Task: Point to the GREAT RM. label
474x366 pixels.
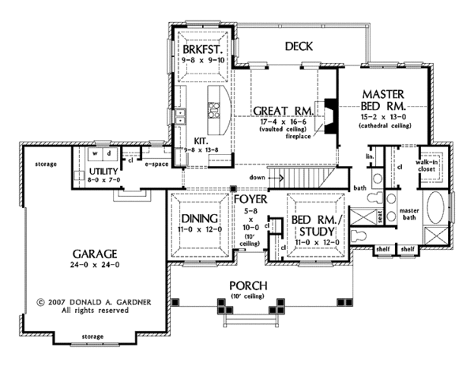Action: [x=283, y=111]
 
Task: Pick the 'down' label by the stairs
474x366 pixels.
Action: [x=255, y=177]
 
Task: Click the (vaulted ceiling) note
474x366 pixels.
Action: [x=282, y=130]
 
